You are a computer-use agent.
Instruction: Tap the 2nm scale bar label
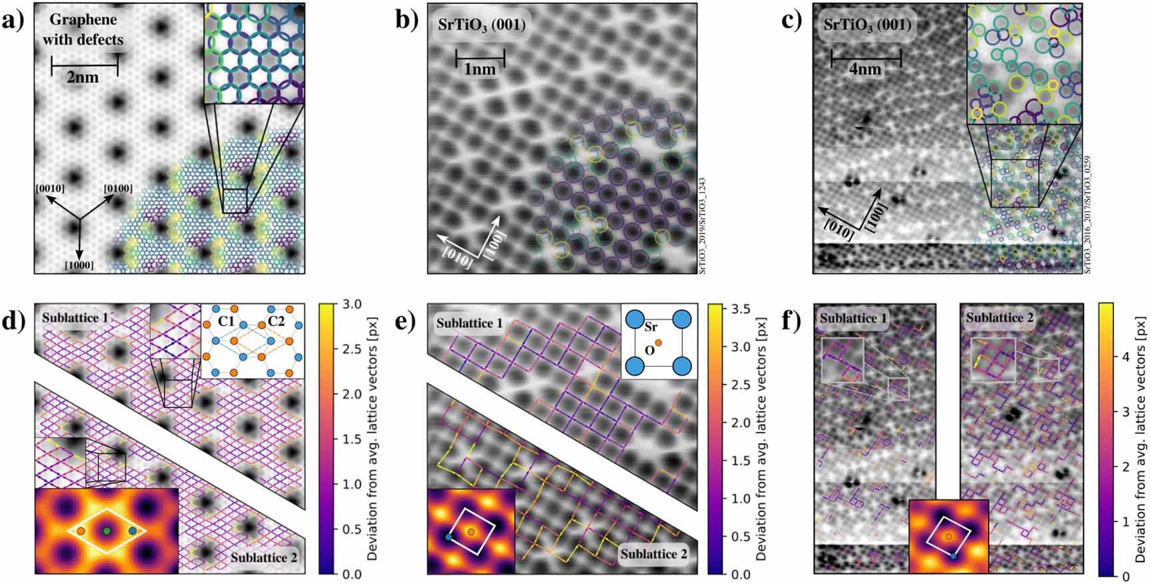pyautogui.click(x=83, y=77)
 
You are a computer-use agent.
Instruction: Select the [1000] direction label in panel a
pyautogui.click(x=79, y=265)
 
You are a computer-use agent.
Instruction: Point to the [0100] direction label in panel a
pyautogui.click(x=118, y=189)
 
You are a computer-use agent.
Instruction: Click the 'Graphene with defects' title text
pyautogui.click(x=83, y=29)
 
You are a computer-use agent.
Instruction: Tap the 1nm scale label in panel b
pyautogui.click(x=479, y=69)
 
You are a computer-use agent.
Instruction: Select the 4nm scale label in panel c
pyautogui.click(x=865, y=69)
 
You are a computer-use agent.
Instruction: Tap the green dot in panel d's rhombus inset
pyautogui.click(x=107, y=531)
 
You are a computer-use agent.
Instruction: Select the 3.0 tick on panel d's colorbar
pyautogui.click(x=351, y=305)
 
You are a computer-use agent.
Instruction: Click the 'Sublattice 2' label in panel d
pyautogui.click(x=263, y=557)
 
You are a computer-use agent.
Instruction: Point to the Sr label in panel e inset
pyautogui.click(x=650, y=329)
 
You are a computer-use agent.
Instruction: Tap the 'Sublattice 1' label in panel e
pyautogui.click(x=469, y=323)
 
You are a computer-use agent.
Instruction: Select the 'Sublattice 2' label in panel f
pyautogui.click(x=999, y=318)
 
